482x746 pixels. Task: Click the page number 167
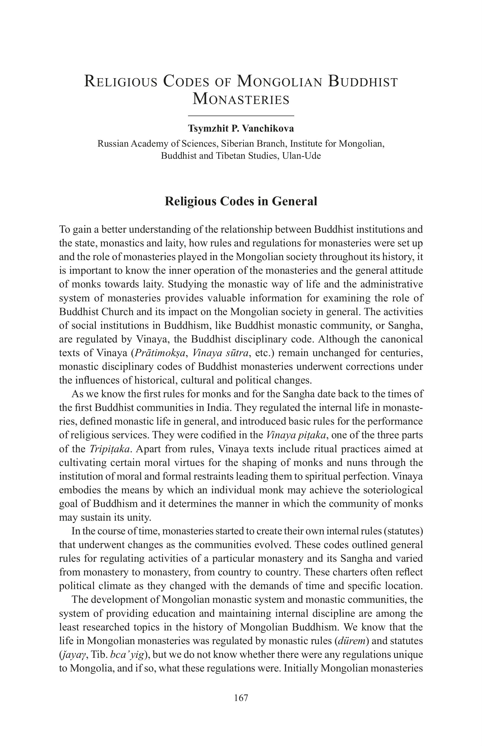[x=241, y=698]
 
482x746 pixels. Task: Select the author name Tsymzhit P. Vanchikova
[x=241, y=128]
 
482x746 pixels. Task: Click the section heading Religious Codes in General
[x=241, y=201]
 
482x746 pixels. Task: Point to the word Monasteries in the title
[x=241, y=99]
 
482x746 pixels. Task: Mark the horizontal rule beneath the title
[x=241, y=116]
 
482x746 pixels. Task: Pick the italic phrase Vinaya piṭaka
[x=298, y=435]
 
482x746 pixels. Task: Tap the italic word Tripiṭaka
[x=109, y=449]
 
